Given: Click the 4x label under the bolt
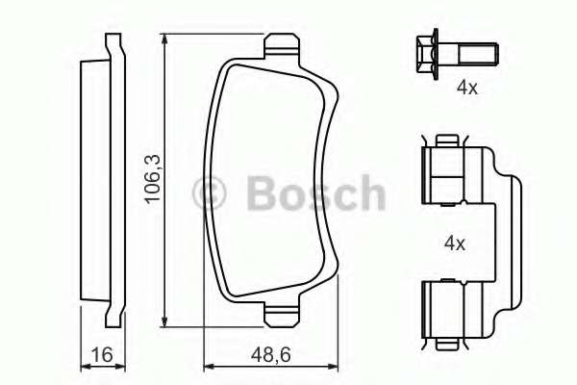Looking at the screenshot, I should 466,88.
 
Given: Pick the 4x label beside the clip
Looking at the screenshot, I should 453,244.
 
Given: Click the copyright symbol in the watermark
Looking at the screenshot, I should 211,193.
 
